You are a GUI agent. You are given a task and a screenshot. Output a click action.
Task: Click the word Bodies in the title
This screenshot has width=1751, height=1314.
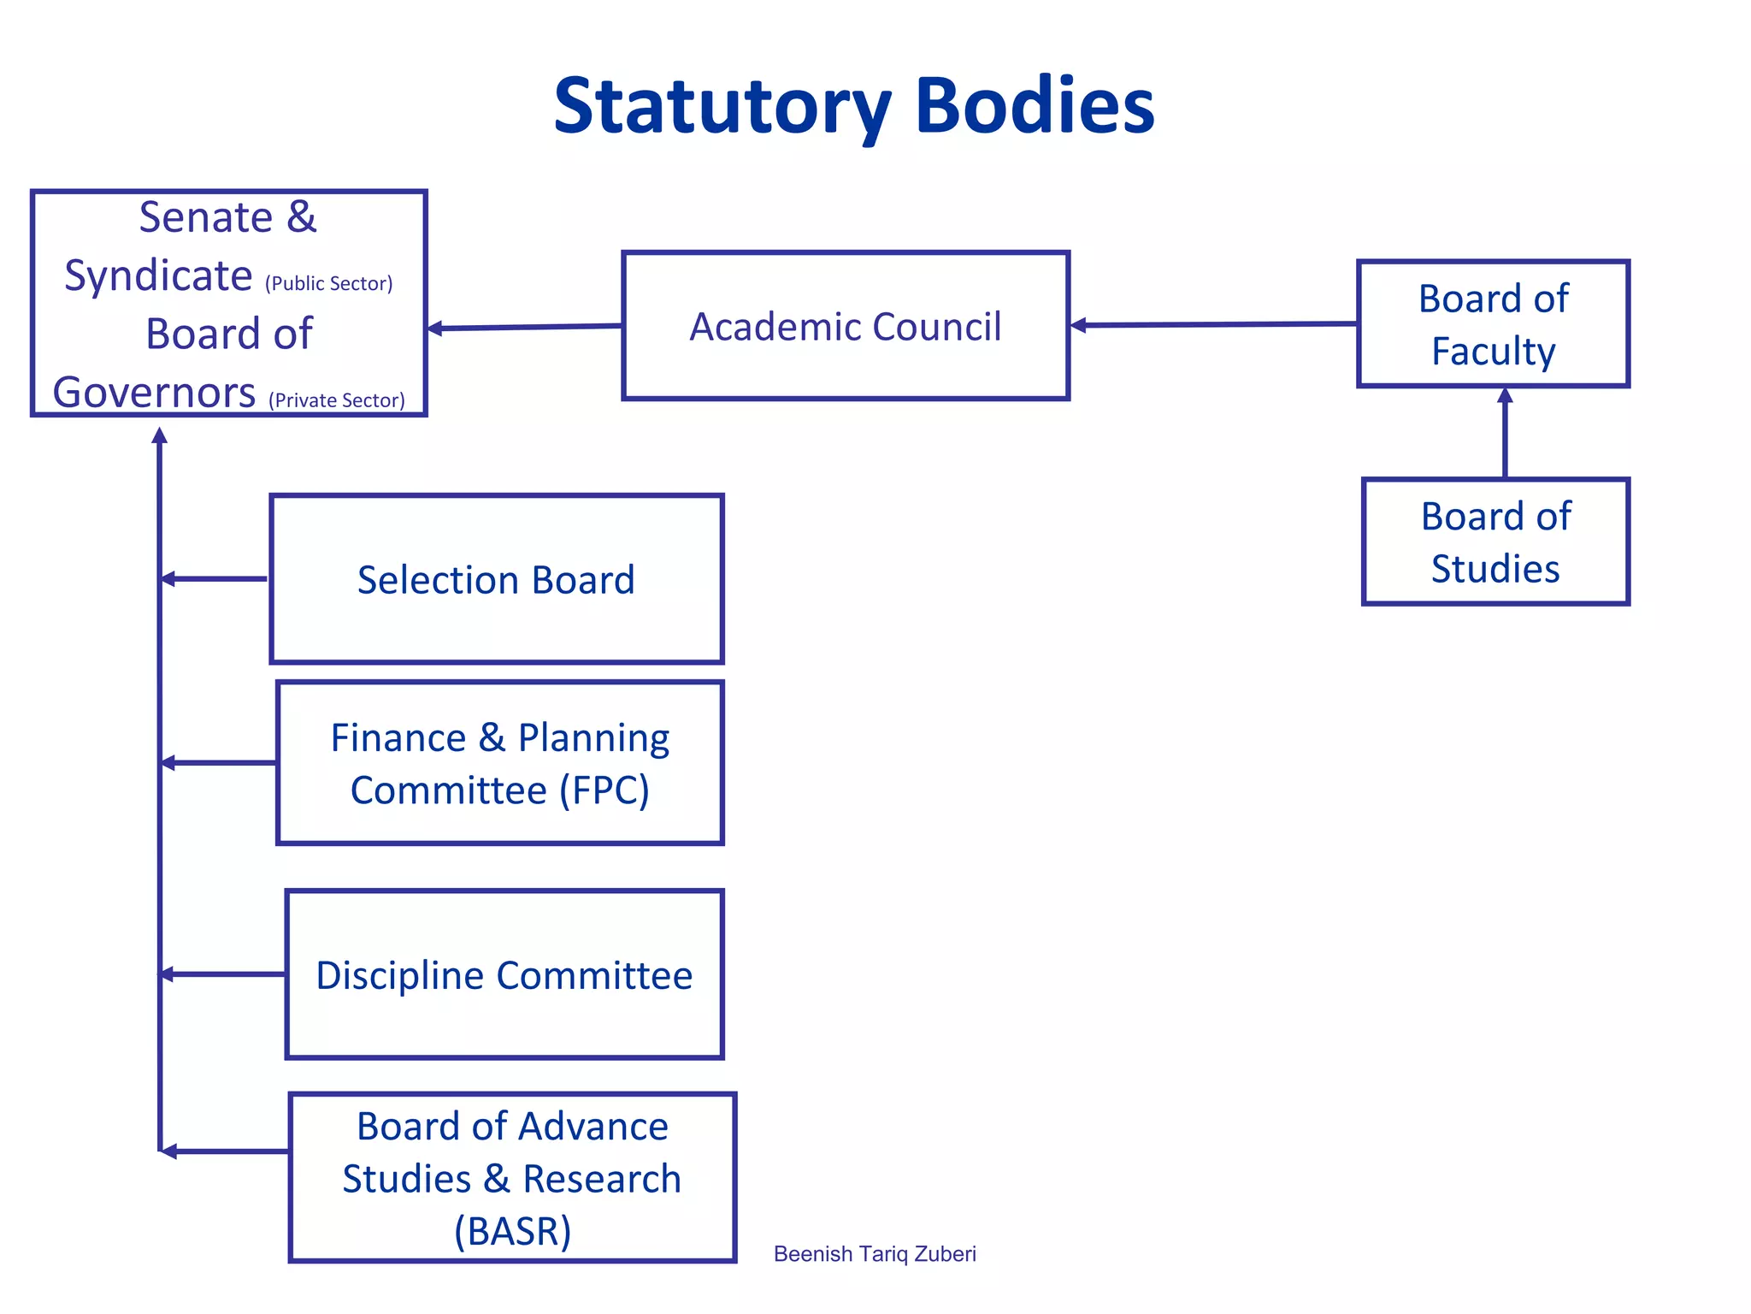pos(1035,107)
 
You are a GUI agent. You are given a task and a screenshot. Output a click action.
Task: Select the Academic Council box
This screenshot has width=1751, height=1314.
pos(845,326)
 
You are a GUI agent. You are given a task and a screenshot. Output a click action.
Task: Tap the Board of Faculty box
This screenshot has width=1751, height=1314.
pos(1493,324)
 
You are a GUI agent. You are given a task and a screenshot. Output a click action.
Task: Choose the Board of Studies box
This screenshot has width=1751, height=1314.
pos(1495,542)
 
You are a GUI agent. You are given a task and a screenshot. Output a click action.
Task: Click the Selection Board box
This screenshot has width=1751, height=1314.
pos(496,579)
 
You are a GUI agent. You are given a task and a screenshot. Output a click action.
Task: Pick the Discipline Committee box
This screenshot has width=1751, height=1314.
pos(504,974)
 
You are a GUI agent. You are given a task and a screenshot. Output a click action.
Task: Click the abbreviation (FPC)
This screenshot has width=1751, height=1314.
pos(604,790)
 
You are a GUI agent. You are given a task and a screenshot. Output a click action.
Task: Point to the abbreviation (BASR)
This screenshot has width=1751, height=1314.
pos(512,1231)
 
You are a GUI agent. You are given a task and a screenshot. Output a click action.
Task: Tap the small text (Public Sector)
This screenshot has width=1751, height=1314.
pos(328,284)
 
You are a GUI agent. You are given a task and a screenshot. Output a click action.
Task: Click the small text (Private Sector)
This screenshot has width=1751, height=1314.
pos(336,400)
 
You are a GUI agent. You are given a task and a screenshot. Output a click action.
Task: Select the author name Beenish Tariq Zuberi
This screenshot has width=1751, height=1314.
pos(874,1254)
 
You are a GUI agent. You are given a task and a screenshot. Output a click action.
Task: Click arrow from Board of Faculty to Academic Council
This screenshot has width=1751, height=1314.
pos(1214,324)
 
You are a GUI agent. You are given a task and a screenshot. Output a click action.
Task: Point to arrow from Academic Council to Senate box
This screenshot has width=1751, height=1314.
pos(524,327)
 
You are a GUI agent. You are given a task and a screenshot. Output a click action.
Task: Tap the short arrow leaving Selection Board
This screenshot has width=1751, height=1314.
pos(214,579)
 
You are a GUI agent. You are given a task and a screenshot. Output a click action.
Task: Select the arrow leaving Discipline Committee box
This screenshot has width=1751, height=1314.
pos(222,974)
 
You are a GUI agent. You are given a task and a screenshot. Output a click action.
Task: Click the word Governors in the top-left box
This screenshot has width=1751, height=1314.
pos(154,393)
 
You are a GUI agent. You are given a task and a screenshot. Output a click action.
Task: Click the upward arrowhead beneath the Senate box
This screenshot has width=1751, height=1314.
pos(159,436)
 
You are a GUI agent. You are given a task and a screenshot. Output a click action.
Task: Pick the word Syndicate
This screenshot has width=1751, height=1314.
pos(158,276)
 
